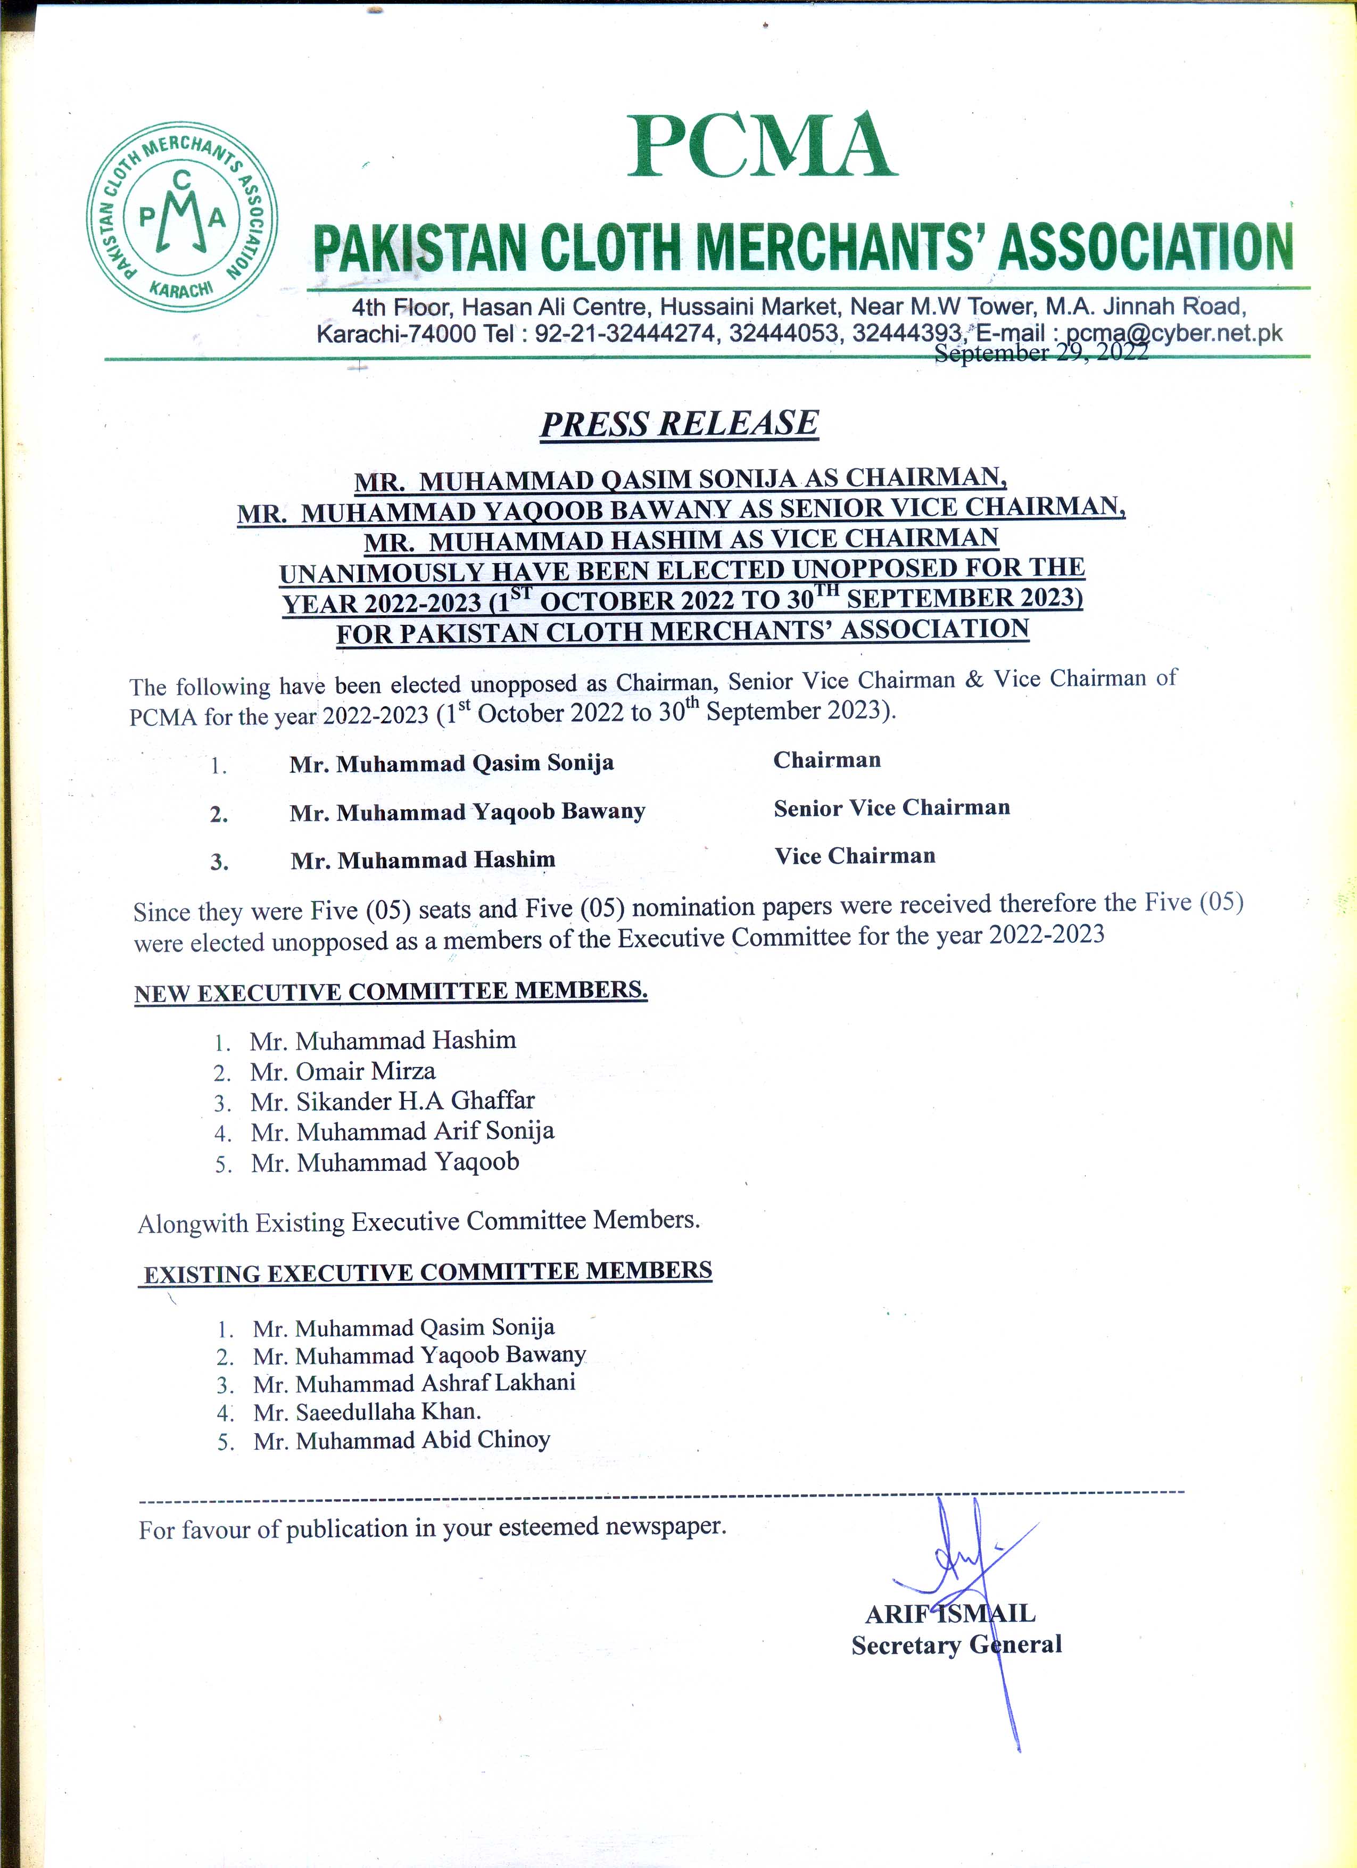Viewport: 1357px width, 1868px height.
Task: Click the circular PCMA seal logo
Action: click(x=182, y=217)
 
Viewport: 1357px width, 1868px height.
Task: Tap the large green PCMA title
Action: click(x=762, y=146)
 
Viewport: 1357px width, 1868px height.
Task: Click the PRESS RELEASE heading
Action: click(x=680, y=423)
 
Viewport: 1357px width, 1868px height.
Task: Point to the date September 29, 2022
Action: click(x=1041, y=352)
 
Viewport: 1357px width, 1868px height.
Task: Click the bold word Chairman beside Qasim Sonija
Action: click(x=827, y=760)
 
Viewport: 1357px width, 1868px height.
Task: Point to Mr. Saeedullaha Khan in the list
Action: click(x=367, y=1412)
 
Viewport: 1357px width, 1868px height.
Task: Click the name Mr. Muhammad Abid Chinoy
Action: click(x=402, y=1441)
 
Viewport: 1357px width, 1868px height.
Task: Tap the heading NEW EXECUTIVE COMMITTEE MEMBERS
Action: click(x=391, y=991)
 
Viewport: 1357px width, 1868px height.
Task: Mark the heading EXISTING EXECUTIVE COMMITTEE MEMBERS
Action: click(x=427, y=1272)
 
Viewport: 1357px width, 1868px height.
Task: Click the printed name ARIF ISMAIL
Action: click(x=950, y=1614)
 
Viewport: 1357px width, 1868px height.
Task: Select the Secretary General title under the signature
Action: click(x=956, y=1645)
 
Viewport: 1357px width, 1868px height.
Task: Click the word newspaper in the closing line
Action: click(x=665, y=1526)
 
